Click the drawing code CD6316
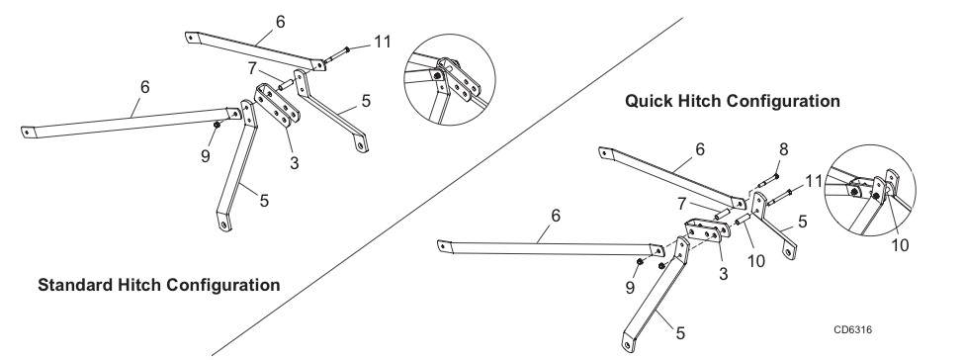pyautogui.click(x=852, y=330)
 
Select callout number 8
pyautogui.click(x=783, y=149)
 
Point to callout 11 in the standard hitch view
pyautogui.click(x=382, y=42)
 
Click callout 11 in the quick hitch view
pyautogui.click(x=814, y=182)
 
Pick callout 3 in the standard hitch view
pyautogui.click(x=295, y=164)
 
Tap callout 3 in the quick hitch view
pyautogui.click(x=723, y=274)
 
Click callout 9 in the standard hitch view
pyautogui.click(x=206, y=156)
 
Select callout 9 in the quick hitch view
pyautogui.click(x=630, y=288)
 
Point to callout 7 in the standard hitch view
pyautogui.click(x=253, y=68)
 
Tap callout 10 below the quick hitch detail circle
pyautogui.click(x=900, y=245)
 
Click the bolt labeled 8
pyautogui.click(x=768, y=181)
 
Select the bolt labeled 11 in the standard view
pyautogui.click(x=336, y=54)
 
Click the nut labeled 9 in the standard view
pyautogui.click(x=217, y=125)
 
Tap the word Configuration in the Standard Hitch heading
pyautogui.click(x=223, y=286)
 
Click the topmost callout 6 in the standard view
pyautogui.click(x=281, y=22)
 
